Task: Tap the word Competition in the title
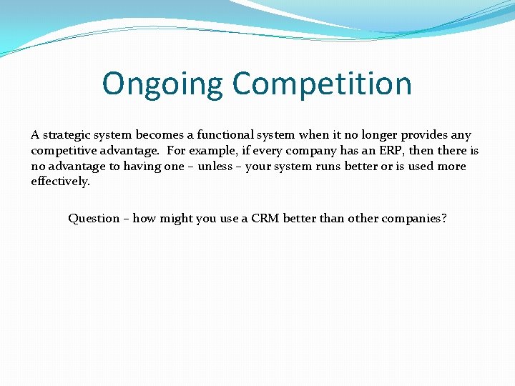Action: (322, 84)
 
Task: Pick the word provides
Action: (426, 135)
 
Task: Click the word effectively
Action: (60, 182)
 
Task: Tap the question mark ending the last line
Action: (444, 219)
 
